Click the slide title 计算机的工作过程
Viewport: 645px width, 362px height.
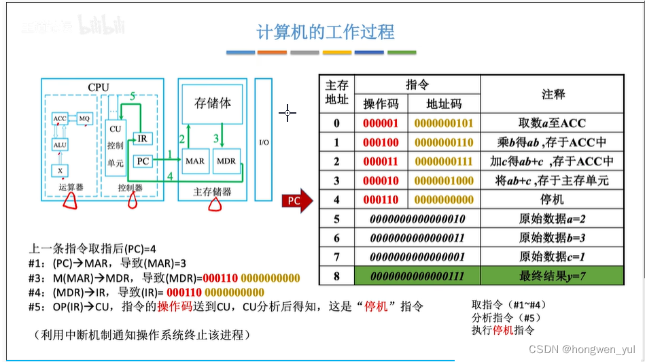tap(326, 31)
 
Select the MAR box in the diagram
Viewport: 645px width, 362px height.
tap(195, 161)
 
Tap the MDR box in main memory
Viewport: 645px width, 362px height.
tap(226, 161)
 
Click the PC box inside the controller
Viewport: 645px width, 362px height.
tap(143, 161)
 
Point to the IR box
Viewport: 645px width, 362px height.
tap(142, 139)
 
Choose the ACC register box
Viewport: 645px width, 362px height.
tap(60, 118)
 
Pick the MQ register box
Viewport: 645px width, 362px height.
tap(84, 118)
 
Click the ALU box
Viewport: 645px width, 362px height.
tap(60, 144)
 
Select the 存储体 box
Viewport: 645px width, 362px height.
tap(213, 103)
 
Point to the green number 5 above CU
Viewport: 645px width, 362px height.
tap(133, 97)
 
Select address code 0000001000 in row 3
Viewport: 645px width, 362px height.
tap(444, 181)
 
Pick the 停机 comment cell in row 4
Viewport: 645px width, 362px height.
tap(551, 200)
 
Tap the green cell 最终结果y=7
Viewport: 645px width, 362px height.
tap(551, 276)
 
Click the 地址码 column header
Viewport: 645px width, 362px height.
tap(444, 103)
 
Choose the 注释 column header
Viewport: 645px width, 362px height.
tap(553, 94)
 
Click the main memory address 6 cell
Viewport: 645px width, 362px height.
tap(336, 238)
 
